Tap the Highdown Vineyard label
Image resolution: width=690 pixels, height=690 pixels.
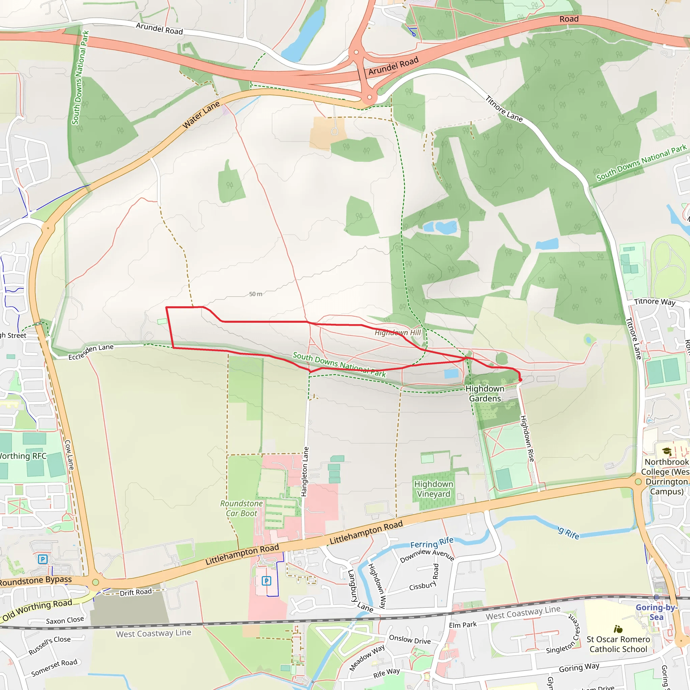(x=433, y=489)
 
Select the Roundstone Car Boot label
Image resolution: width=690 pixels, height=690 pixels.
(x=242, y=508)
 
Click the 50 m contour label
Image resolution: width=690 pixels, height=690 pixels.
(x=256, y=294)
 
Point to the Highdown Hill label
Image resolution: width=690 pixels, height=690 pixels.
(x=398, y=333)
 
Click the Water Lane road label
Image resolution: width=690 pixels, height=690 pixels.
(x=201, y=115)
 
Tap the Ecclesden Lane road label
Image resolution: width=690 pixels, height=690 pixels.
(x=91, y=352)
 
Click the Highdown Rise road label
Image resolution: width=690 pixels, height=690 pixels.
(x=527, y=439)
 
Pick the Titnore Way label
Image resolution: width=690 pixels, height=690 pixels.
(x=655, y=302)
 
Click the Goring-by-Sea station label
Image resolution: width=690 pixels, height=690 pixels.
(x=656, y=612)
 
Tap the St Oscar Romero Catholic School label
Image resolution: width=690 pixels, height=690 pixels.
(x=618, y=644)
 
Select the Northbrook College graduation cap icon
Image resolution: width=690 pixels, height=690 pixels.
(x=666, y=451)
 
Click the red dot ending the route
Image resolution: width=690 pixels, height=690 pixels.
(x=520, y=380)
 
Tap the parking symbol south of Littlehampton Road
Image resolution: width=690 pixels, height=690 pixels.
(x=266, y=581)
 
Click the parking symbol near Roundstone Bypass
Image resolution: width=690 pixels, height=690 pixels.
(x=43, y=559)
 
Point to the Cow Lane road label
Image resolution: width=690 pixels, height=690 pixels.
(x=69, y=454)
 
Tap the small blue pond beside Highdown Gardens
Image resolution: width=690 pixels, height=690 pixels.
(x=451, y=374)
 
